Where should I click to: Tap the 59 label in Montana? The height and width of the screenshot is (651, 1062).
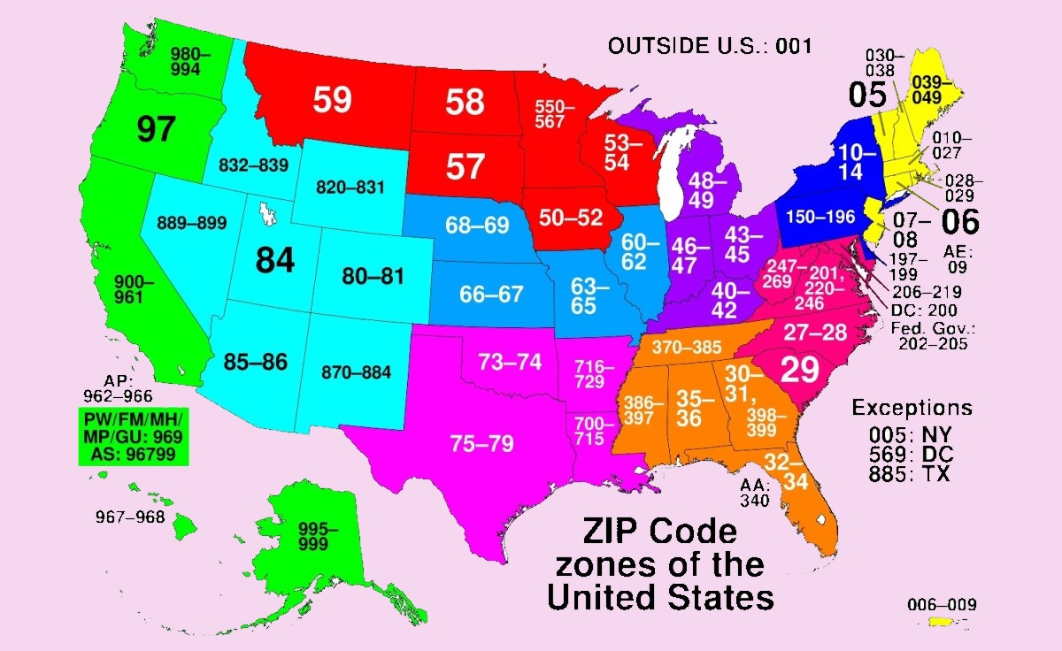333,100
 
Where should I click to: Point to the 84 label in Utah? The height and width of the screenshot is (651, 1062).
274,260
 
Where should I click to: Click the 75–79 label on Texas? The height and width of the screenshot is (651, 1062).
482,443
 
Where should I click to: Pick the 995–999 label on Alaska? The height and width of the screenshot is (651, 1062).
318,536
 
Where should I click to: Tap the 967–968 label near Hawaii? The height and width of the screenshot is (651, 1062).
130,517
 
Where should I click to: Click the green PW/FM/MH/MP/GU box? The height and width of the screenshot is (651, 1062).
132,438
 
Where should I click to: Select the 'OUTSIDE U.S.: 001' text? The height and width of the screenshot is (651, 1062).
710,46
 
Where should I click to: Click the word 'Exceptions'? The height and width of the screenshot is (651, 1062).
912,408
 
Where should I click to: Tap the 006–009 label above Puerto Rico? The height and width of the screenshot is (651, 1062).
943,605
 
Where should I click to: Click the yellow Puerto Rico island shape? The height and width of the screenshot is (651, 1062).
943,624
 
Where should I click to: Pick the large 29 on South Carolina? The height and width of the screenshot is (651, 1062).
798,370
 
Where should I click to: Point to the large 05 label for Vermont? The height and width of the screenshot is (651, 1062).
868,94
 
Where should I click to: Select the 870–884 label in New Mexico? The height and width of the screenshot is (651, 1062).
358,372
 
